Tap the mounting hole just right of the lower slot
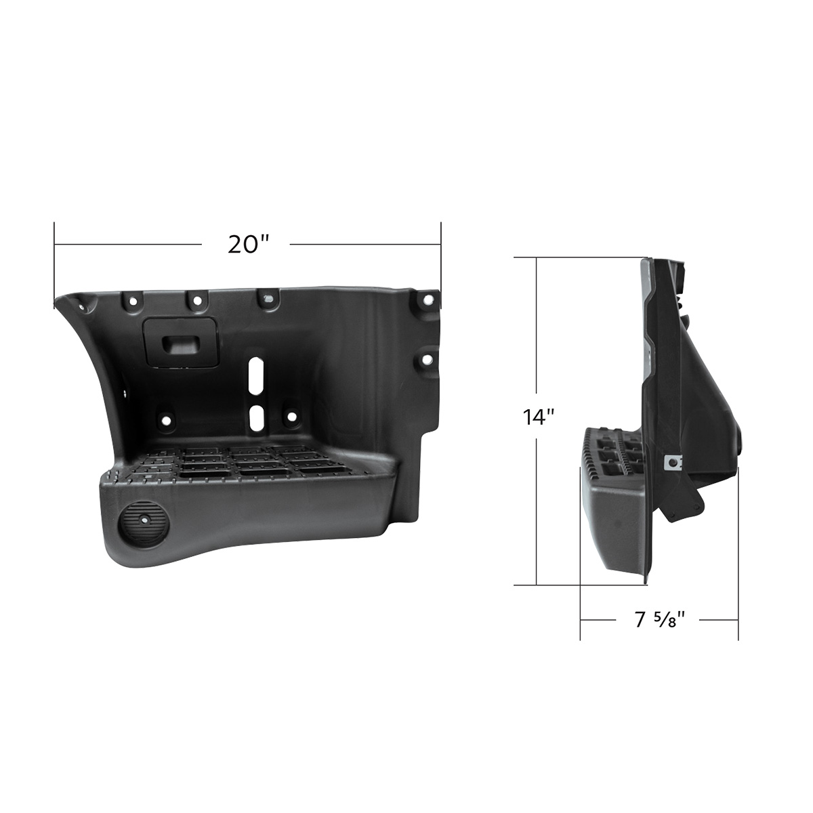292,417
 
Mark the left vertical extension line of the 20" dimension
54,264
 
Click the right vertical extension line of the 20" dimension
441,257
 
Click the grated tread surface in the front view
251,463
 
